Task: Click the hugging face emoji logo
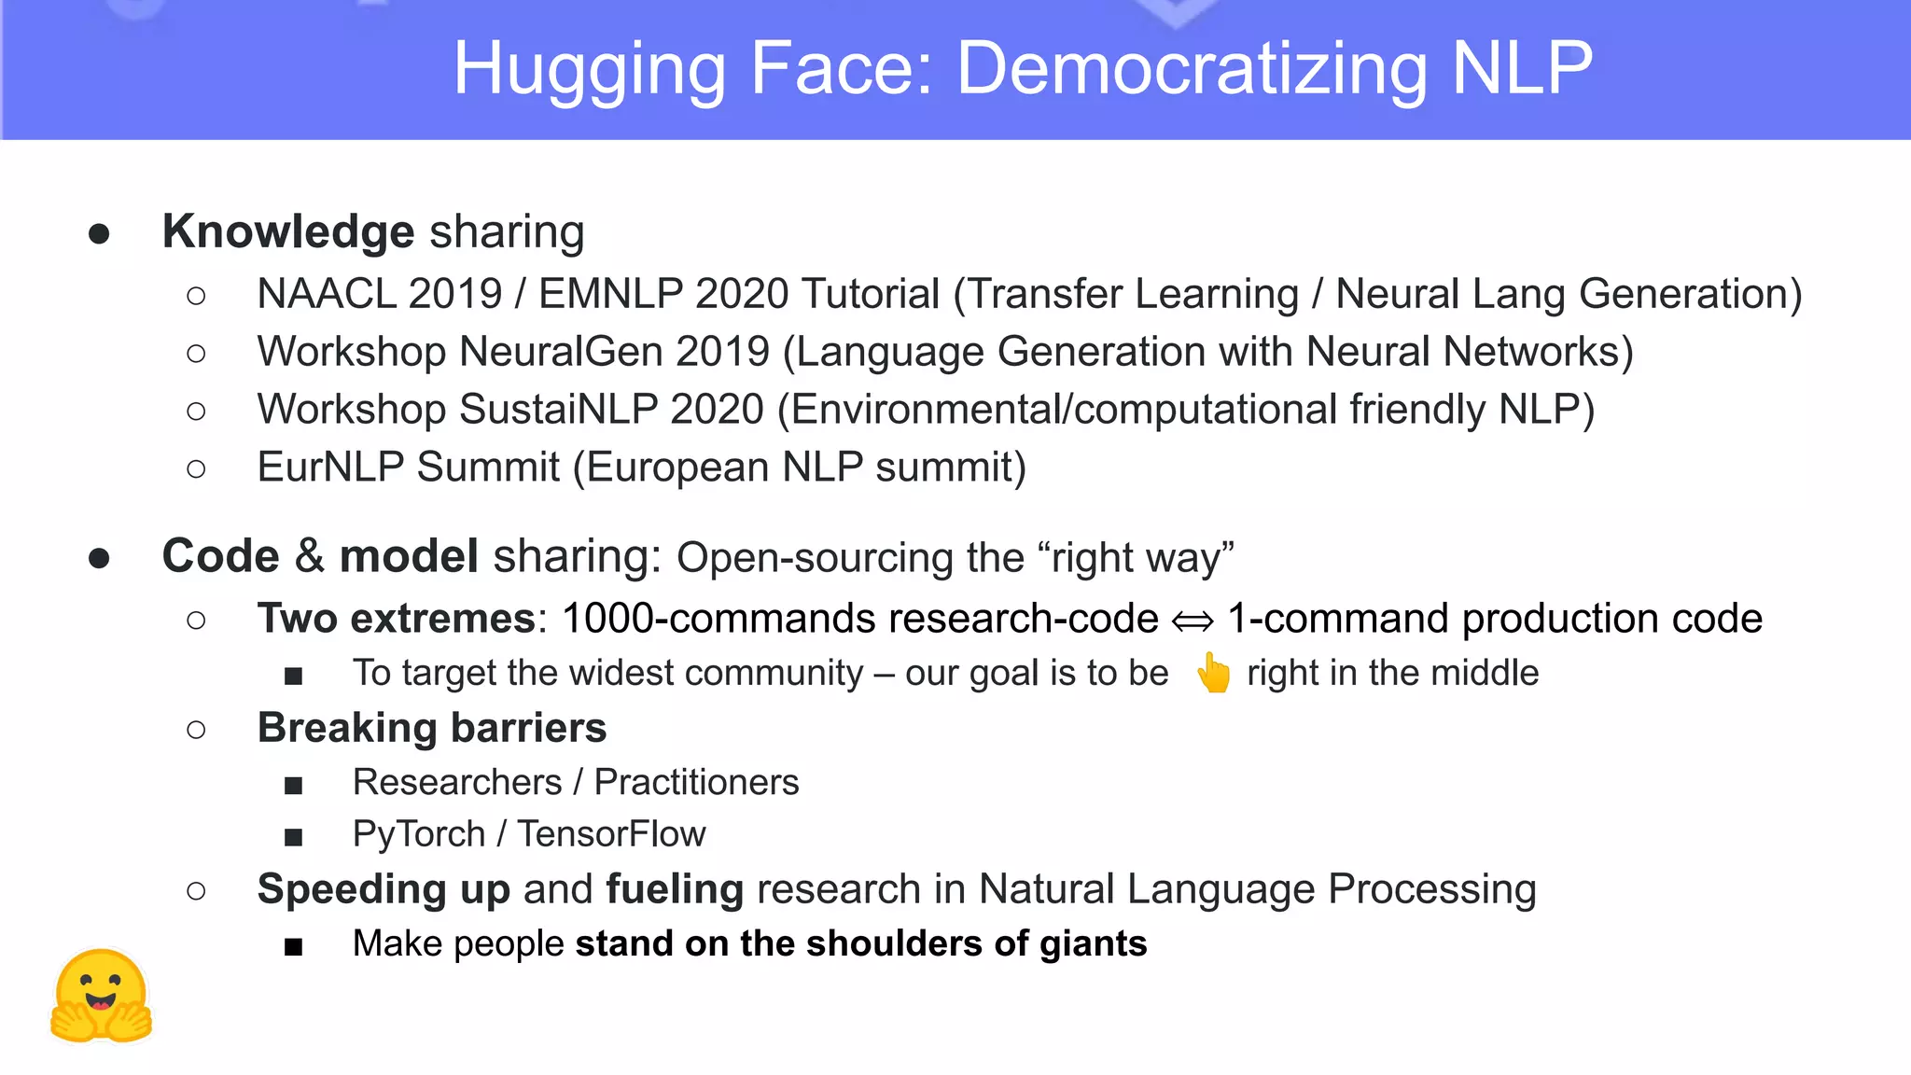[101, 997]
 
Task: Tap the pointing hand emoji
[1213, 673]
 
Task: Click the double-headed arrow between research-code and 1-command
[1193, 621]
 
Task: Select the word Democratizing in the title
[1192, 69]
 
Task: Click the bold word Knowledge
[287, 231]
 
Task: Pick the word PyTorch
[418, 834]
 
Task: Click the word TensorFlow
[611, 834]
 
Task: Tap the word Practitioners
[696, 782]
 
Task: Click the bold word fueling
[674, 889]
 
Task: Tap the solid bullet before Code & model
[99, 558]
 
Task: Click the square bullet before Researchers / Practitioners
[293, 785]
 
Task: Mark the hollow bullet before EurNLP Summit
[196, 468]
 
